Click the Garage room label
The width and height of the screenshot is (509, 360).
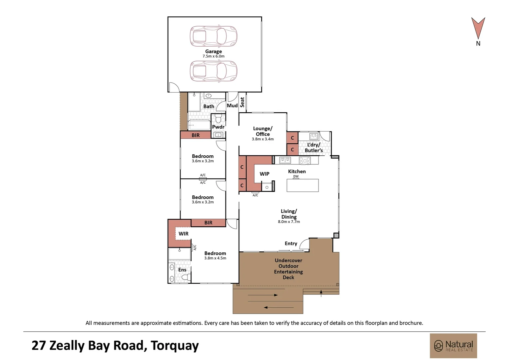(x=214, y=51)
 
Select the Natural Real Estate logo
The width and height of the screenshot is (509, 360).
(x=453, y=346)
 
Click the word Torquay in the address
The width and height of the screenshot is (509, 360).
(x=175, y=345)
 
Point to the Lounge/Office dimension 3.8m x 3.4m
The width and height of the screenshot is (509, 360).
(x=263, y=139)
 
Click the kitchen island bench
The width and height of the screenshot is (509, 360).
(x=302, y=185)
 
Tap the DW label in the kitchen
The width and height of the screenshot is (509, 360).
(x=295, y=176)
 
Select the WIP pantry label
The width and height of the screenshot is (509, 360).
(x=264, y=174)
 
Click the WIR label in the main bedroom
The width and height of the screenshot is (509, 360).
(x=183, y=234)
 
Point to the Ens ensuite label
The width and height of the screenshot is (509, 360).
(x=182, y=270)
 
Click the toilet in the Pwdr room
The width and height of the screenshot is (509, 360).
(x=219, y=119)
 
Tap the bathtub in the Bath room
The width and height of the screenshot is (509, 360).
(x=199, y=125)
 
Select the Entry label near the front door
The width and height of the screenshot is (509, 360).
(x=291, y=244)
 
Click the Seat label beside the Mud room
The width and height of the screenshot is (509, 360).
(x=242, y=102)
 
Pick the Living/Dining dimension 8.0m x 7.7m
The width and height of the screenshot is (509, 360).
(x=289, y=222)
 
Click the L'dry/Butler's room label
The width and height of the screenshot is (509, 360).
(x=314, y=147)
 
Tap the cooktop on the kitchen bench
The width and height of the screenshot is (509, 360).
(x=305, y=161)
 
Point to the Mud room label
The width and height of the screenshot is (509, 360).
(x=232, y=106)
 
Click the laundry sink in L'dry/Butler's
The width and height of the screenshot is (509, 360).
(x=314, y=136)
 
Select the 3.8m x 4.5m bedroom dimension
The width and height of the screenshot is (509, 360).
(x=215, y=258)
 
